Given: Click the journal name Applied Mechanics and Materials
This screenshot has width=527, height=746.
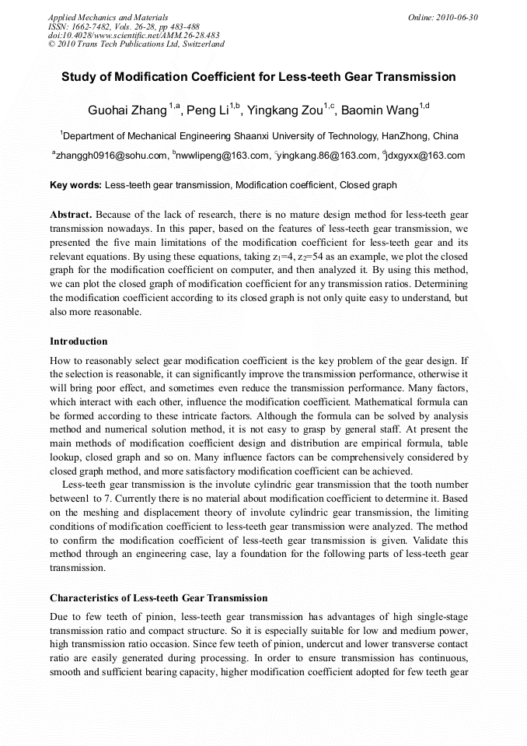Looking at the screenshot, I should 107,17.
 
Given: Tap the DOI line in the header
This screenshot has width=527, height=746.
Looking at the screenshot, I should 134,35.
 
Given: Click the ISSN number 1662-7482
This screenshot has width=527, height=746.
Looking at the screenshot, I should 92,26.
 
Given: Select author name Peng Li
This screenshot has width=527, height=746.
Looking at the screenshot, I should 208,110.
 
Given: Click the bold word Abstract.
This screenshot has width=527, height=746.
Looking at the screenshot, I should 72,214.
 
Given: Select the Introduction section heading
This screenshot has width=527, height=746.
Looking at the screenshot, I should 79,341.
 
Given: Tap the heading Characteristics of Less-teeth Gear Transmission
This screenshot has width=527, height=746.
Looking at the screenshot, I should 159,598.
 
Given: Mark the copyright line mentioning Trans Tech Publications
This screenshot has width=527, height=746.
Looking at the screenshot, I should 136,44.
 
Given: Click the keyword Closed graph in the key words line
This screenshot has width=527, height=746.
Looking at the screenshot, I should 369,185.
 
